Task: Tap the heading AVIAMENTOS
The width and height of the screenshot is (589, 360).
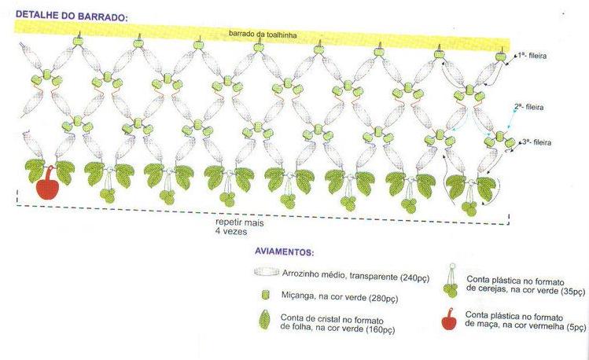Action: coord(284,253)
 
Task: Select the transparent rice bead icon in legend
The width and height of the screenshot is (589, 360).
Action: coord(268,272)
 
